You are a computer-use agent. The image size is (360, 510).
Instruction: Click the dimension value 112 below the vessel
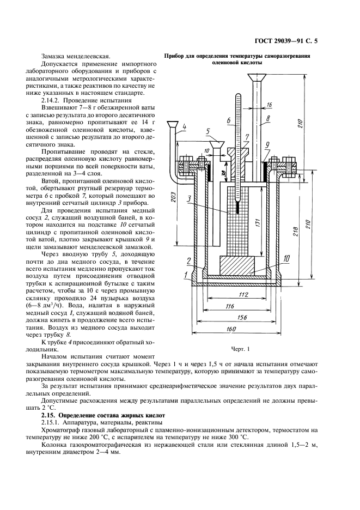(x=243, y=295)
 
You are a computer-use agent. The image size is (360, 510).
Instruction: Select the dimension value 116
(x=229, y=306)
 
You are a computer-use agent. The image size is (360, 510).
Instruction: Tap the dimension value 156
(x=242, y=318)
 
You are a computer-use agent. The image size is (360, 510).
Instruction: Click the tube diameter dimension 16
(x=269, y=105)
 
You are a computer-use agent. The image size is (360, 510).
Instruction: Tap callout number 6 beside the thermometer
(x=229, y=120)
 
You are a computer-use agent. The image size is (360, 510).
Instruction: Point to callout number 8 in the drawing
(x=268, y=119)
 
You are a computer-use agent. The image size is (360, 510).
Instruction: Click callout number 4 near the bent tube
(x=184, y=126)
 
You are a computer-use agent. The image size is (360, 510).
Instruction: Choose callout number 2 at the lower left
(x=188, y=260)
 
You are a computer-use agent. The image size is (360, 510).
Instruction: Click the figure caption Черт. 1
(x=240, y=349)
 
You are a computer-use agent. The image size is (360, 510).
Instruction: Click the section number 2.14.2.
(x=51, y=100)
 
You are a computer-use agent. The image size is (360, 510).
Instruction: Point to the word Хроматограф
(x=59, y=430)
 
